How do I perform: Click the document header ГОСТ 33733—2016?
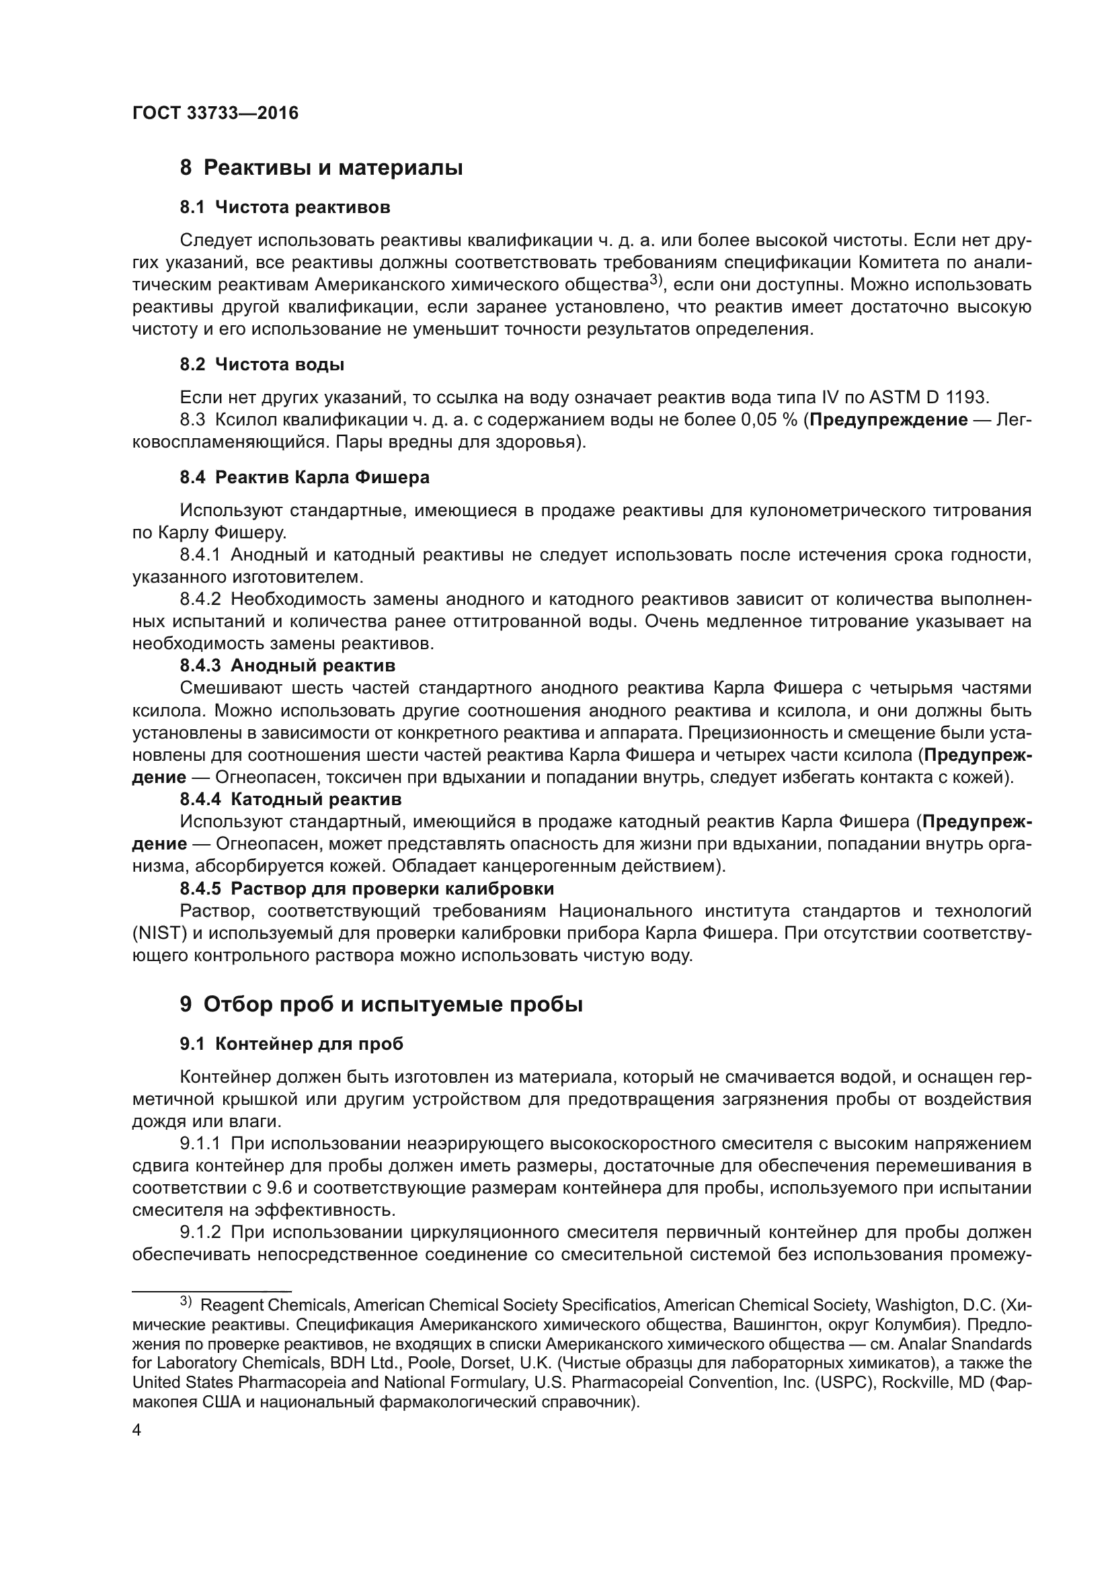(215, 114)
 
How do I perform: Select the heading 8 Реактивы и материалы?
(321, 168)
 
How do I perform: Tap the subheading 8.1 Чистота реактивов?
(285, 207)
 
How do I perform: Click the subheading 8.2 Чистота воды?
(262, 364)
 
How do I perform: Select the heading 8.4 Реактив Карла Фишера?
(305, 477)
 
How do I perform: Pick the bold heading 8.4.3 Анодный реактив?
(288, 665)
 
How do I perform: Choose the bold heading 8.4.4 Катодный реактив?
(290, 799)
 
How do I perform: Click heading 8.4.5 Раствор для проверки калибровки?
(366, 888)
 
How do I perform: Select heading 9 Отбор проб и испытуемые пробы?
(381, 1004)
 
